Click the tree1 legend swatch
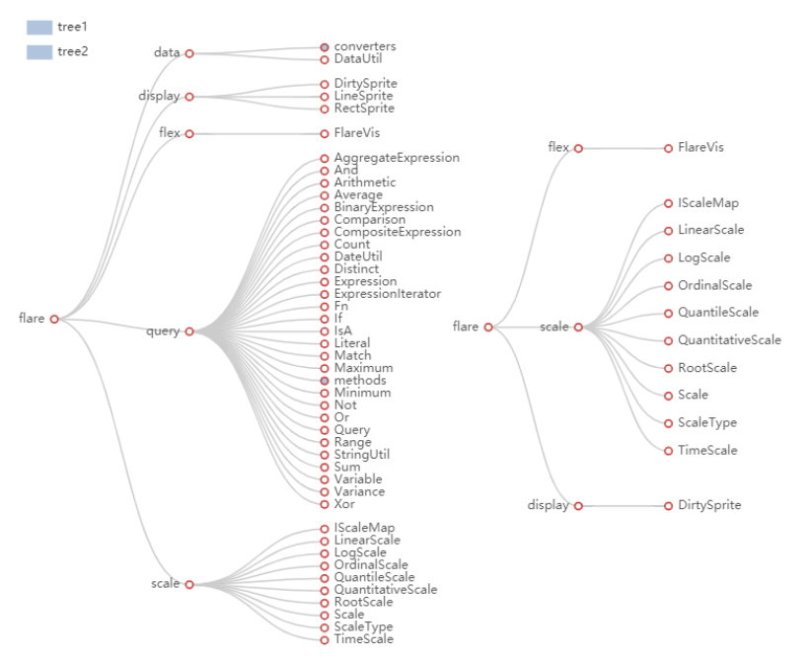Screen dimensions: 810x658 (39, 28)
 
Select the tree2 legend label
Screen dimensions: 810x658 (73, 51)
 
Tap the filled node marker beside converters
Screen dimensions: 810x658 (325, 47)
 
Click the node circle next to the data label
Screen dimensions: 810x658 (189, 53)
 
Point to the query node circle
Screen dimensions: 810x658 (189, 331)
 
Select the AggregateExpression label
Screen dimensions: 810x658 (397, 158)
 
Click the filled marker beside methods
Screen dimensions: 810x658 (325, 381)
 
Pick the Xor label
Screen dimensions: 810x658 (344, 504)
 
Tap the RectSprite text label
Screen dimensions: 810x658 (364, 109)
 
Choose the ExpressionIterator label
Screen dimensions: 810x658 (388, 294)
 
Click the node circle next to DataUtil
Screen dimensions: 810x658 (325, 60)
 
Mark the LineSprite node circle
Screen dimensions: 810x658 (325, 97)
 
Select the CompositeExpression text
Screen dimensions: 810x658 (398, 233)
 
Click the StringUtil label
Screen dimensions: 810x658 (362, 455)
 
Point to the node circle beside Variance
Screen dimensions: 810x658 (325, 492)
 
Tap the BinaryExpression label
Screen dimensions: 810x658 (384, 207)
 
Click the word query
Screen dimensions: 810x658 (163, 331)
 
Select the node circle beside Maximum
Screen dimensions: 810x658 (325, 368)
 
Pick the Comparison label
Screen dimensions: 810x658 (370, 220)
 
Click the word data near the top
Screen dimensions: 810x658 (167, 52)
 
